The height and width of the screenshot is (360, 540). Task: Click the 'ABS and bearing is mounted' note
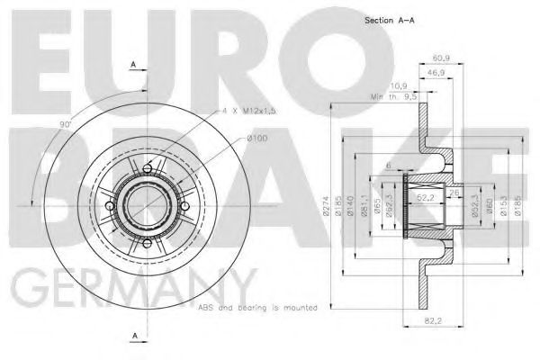tap(256, 306)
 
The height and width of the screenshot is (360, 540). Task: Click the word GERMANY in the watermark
tap(126, 285)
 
